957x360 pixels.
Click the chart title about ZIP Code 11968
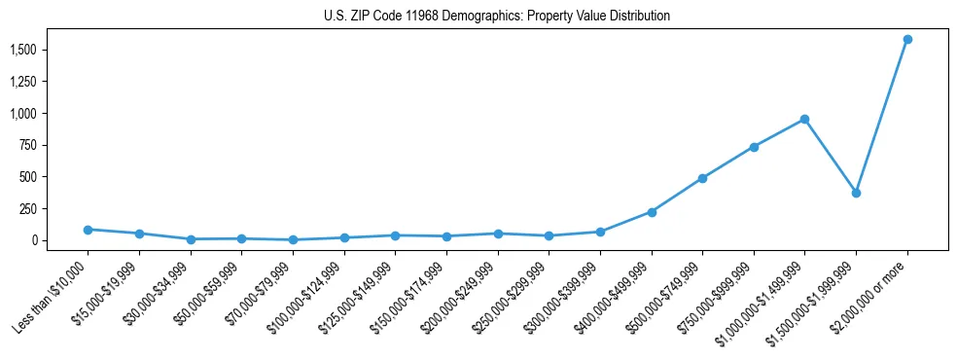click(x=497, y=17)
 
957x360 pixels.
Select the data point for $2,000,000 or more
click(x=907, y=39)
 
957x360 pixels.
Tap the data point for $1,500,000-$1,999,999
click(x=856, y=193)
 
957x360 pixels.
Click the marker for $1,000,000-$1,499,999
click(x=804, y=119)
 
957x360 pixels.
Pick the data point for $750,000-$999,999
click(x=754, y=147)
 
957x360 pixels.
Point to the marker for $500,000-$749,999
click(x=702, y=178)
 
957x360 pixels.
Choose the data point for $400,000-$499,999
click(x=652, y=212)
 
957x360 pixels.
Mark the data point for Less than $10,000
click(x=88, y=230)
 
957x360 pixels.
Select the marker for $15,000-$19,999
click(x=139, y=234)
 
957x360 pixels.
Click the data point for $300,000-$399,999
click(x=600, y=232)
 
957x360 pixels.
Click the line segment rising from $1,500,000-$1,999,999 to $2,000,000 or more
click(x=881, y=116)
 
